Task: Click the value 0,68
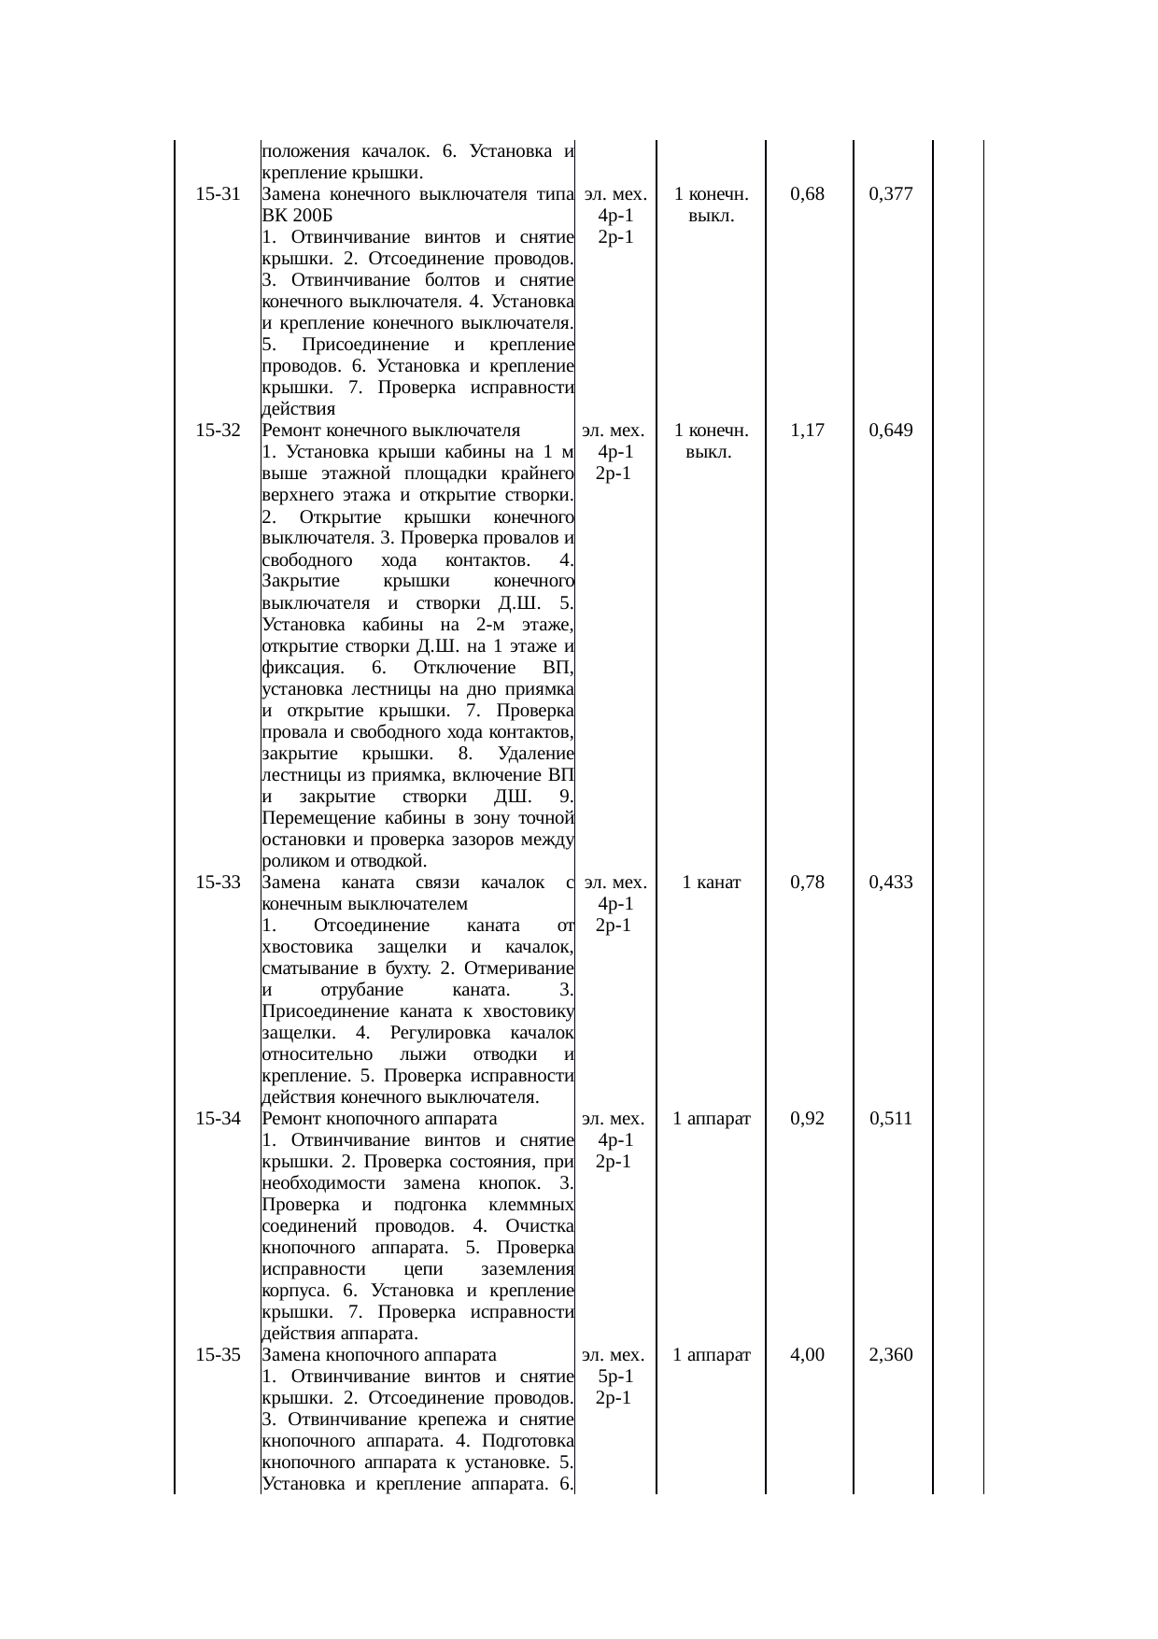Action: (807, 194)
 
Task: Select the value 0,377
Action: (890, 194)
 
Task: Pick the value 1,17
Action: (807, 431)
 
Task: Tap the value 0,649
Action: (890, 431)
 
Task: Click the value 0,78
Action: (807, 883)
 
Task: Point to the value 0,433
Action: (890, 883)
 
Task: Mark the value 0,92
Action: (807, 1119)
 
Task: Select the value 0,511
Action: (890, 1119)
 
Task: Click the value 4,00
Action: (807, 1355)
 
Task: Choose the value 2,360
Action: (890, 1355)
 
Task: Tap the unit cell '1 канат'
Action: (712, 883)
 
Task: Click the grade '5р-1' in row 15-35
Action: (615, 1377)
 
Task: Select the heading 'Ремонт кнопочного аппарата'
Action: (379, 1119)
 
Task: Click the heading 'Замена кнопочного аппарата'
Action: (379, 1355)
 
